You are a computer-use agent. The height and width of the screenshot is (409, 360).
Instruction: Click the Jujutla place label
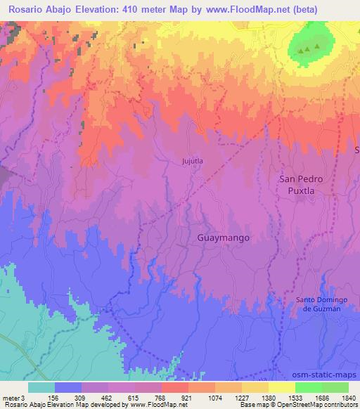192,161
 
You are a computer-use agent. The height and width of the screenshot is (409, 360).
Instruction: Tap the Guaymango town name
221,238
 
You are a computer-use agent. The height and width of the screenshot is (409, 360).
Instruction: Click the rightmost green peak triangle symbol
317,47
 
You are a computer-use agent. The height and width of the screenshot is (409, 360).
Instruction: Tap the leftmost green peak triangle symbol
301,51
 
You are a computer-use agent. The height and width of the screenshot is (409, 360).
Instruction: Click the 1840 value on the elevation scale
349,397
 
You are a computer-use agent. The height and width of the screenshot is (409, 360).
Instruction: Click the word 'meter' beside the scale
10,397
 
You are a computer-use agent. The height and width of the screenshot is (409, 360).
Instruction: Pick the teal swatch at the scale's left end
41,387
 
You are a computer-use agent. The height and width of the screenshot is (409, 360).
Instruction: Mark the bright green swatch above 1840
335,387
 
